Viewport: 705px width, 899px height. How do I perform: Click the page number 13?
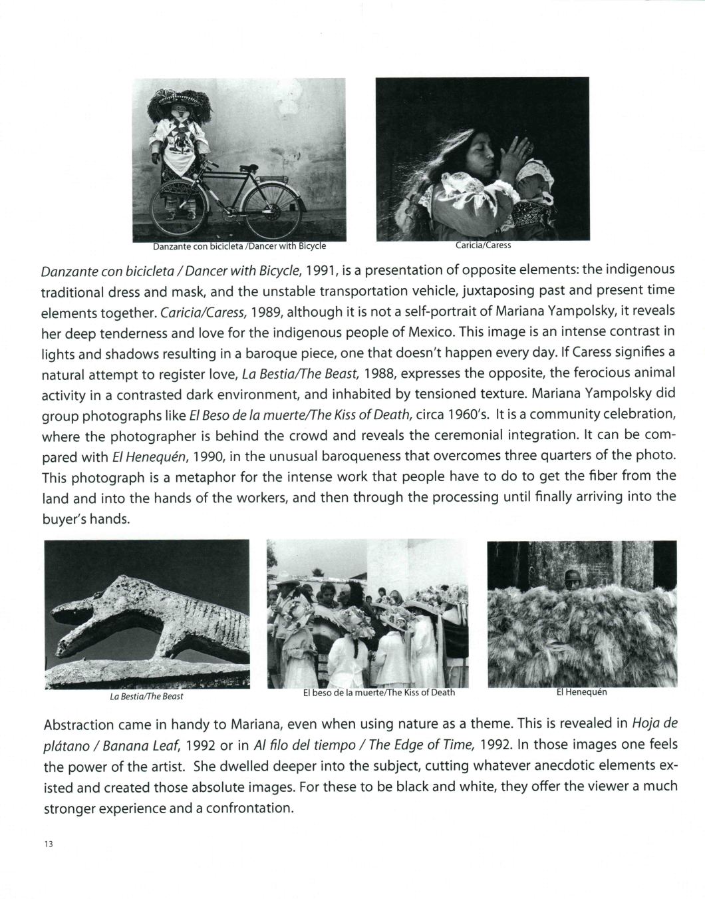pyautogui.click(x=48, y=844)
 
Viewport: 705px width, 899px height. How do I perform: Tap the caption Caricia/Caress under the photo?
pyautogui.click(x=483, y=245)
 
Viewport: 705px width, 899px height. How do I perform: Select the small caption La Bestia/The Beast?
pyautogui.click(x=146, y=696)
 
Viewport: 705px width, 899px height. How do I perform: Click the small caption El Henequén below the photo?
pyautogui.click(x=581, y=691)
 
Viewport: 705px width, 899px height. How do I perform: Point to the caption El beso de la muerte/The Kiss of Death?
pyautogui.click(x=378, y=692)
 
